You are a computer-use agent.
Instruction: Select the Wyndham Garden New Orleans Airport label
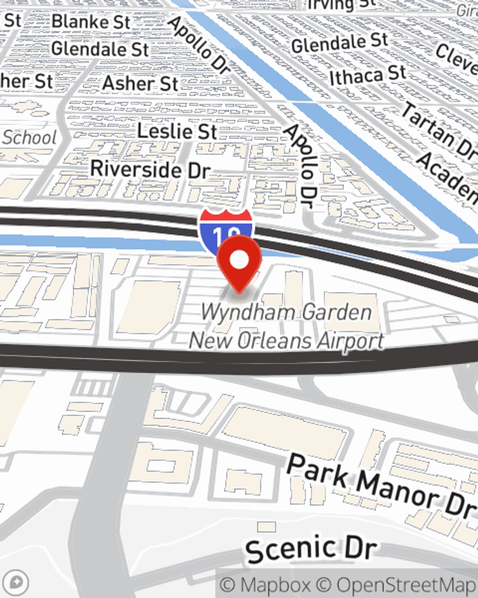pyautogui.click(x=286, y=327)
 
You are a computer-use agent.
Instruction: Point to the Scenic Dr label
pyautogui.click(x=312, y=549)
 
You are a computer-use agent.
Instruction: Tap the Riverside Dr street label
pyautogui.click(x=150, y=169)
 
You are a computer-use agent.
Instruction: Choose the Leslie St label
pyautogui.click(x=177, y=131)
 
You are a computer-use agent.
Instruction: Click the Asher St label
pyautogui.click(x=140, y=83)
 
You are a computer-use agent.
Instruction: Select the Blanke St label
pyautogui.click(x=91, y=22)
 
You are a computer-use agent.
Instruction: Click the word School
pyautogui.click(x=29, y=138)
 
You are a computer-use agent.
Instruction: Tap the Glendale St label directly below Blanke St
pyautogui.click(x=100, y=49)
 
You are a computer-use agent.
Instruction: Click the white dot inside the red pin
pyautogui.click(x=239, y=260)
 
